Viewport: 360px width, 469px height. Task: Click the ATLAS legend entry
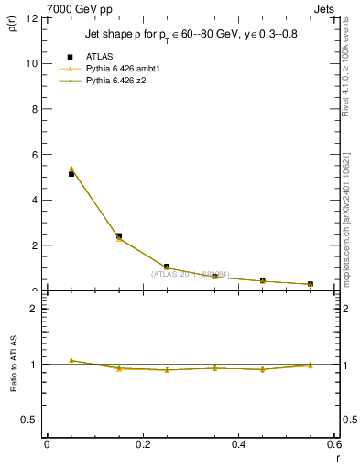click(101, 57)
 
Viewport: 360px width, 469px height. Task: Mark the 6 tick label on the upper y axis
click(33, 155)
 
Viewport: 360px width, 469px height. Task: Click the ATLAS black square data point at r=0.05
click(71, 173)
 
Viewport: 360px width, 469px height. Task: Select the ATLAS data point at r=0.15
click(118, 235)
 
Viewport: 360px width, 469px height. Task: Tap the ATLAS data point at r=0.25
click(167, 267)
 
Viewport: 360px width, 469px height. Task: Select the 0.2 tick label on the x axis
click(142, 444)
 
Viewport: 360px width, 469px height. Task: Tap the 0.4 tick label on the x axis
click(238, 444)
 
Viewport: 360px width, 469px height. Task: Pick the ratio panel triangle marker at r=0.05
click(71, 360)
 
